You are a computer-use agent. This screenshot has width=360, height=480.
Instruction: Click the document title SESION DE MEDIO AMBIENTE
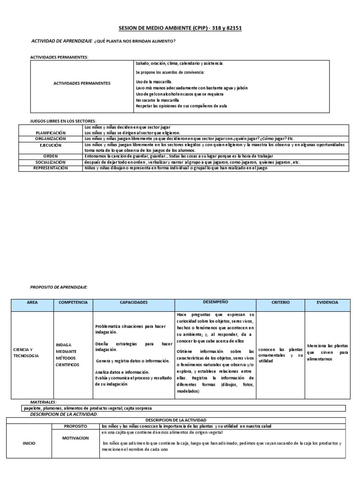pyautogui.click(x=180, y=28)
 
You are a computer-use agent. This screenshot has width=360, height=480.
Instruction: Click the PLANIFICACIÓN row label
pyautogui.click(x=51, y=133)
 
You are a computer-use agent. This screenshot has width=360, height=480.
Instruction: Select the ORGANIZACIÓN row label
pyautogui.click(x=51, y=139)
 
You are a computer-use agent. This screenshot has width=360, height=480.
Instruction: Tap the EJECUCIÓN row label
pyautogui.click(x=51, y=145)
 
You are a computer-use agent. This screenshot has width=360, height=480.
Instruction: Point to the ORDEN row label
pyautogui.click(x=51, y=156)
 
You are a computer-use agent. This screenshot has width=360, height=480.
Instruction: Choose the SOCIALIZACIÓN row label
pyautogui.click(x=51, y=162)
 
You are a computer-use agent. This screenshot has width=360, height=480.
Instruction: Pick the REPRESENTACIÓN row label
pyautogui.click(x=51, y=168)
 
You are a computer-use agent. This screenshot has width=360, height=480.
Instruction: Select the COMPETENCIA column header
pyautogui.click(x=73, y=303)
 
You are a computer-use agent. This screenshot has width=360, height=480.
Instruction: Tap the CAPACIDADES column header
pyautogui.click(x=134, y=303)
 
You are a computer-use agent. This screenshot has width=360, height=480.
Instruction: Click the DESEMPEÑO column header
pyautogui.click(x=216, y=302)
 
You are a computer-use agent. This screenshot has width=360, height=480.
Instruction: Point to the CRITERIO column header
pyautogui.click(x=281, y=303)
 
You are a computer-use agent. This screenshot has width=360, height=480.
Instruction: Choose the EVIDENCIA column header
pyautogui.click(x=327, y=303)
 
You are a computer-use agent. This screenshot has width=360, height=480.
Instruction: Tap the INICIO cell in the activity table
pyautogui.click(x=29, y=443)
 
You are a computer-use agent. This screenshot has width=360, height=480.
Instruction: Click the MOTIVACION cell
pyautogui.click(x=76, y=438)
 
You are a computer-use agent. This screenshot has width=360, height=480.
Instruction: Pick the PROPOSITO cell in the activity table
pyautogui.click(x=76, y=426)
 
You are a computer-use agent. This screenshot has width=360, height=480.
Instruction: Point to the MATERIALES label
pyautogui.click(x=43, y=402)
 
